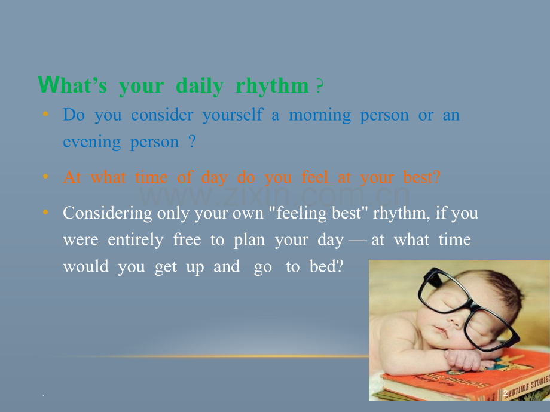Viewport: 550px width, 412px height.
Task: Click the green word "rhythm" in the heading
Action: (x=272, y=86)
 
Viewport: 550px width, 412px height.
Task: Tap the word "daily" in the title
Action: (x=200, y=86)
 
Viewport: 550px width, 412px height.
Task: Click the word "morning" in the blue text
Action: (x=320, y=115)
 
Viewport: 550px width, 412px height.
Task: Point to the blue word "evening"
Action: (x=92, y=142)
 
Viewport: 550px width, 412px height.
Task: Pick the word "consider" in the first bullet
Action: (x=162, y=115)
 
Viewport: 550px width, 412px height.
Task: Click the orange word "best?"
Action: (x=421, y=177)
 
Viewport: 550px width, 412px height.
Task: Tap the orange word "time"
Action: (x=151, y=177)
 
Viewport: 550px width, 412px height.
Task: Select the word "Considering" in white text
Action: (x=108, y=213)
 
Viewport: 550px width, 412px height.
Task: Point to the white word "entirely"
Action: (x=135, y=240)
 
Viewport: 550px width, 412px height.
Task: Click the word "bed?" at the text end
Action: (x=326, y=266)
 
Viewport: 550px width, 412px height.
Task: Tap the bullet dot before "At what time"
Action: (x=45, y=176)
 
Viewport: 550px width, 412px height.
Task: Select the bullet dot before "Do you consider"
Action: (x=45, y=114)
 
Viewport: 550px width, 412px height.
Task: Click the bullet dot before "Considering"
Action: (x=45, y=212)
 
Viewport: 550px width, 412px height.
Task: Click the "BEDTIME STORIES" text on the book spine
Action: (x=526, y=387)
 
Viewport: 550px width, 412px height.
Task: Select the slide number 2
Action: (x=506, y=393)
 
